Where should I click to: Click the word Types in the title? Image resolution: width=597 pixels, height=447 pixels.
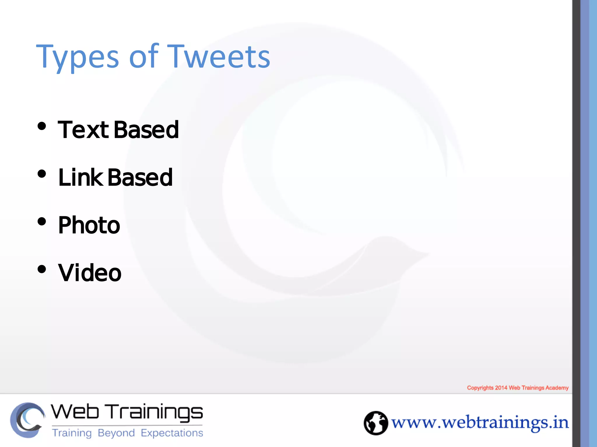77,57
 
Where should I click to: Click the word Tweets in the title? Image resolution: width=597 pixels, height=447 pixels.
219,57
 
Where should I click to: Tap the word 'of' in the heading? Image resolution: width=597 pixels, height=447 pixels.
144,57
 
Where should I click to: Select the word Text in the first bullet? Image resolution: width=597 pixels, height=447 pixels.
83,130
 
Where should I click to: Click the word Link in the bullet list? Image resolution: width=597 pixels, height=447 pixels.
80,178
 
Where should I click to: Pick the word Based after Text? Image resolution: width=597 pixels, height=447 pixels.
146,130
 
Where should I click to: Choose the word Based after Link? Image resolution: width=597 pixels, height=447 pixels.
140,178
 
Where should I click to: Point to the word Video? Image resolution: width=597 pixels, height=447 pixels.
90,273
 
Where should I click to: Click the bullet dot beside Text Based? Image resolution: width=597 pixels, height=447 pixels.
42,126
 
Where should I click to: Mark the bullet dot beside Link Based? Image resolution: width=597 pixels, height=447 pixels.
42,174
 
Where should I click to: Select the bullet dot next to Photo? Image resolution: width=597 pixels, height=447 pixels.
42,222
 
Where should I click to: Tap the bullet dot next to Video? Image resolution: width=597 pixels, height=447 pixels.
42,269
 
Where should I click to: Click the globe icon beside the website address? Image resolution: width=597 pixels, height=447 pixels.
376,423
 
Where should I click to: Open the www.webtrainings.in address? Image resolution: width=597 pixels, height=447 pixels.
480,423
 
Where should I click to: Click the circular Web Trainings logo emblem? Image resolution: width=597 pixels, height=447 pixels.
27,420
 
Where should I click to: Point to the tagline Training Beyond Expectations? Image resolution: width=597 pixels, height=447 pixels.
127,433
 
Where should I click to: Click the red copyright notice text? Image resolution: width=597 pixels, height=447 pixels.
518,388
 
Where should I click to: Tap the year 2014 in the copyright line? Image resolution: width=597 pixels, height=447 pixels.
501,388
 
